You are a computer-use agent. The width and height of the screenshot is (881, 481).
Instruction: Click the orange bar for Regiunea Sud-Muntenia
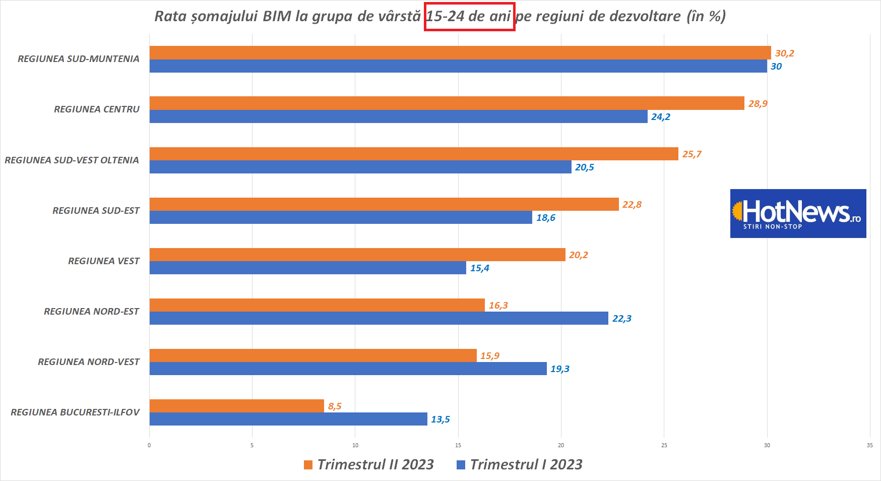coord(460,52)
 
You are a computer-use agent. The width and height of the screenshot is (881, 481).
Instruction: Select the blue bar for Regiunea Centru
coord(398,116)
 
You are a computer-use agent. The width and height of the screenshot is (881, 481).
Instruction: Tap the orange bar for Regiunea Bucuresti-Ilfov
coord(236,406)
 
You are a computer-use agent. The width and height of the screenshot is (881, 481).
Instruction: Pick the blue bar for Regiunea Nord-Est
coord(379,318)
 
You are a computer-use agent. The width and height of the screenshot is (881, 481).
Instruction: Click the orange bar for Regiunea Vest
coord(357,255)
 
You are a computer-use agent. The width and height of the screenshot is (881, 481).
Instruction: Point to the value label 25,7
coord(691,154)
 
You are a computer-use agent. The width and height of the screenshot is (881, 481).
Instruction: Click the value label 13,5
coord(440,419)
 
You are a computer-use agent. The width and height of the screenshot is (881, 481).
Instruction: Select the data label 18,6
coord(545,217)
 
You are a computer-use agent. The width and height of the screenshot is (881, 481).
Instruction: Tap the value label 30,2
coord(784,53)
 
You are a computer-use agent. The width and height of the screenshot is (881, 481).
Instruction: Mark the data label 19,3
coord(559,369)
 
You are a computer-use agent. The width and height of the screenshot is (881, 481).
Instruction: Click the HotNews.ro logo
coord(798,213)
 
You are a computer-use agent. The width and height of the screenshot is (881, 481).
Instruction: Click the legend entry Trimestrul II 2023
coord(369,464)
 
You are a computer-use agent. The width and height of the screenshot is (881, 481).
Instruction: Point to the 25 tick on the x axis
coord(664,445)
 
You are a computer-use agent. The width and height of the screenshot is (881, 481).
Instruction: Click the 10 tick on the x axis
coord(355,445)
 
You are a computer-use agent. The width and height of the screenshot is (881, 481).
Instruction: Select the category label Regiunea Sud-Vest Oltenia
coord(72,160)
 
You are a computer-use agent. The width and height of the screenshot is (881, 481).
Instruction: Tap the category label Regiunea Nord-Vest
coord(89,362)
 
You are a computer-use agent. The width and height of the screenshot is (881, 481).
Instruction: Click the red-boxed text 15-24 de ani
coord(469,16)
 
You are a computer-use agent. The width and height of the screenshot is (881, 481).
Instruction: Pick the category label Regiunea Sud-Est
coord(96,210)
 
